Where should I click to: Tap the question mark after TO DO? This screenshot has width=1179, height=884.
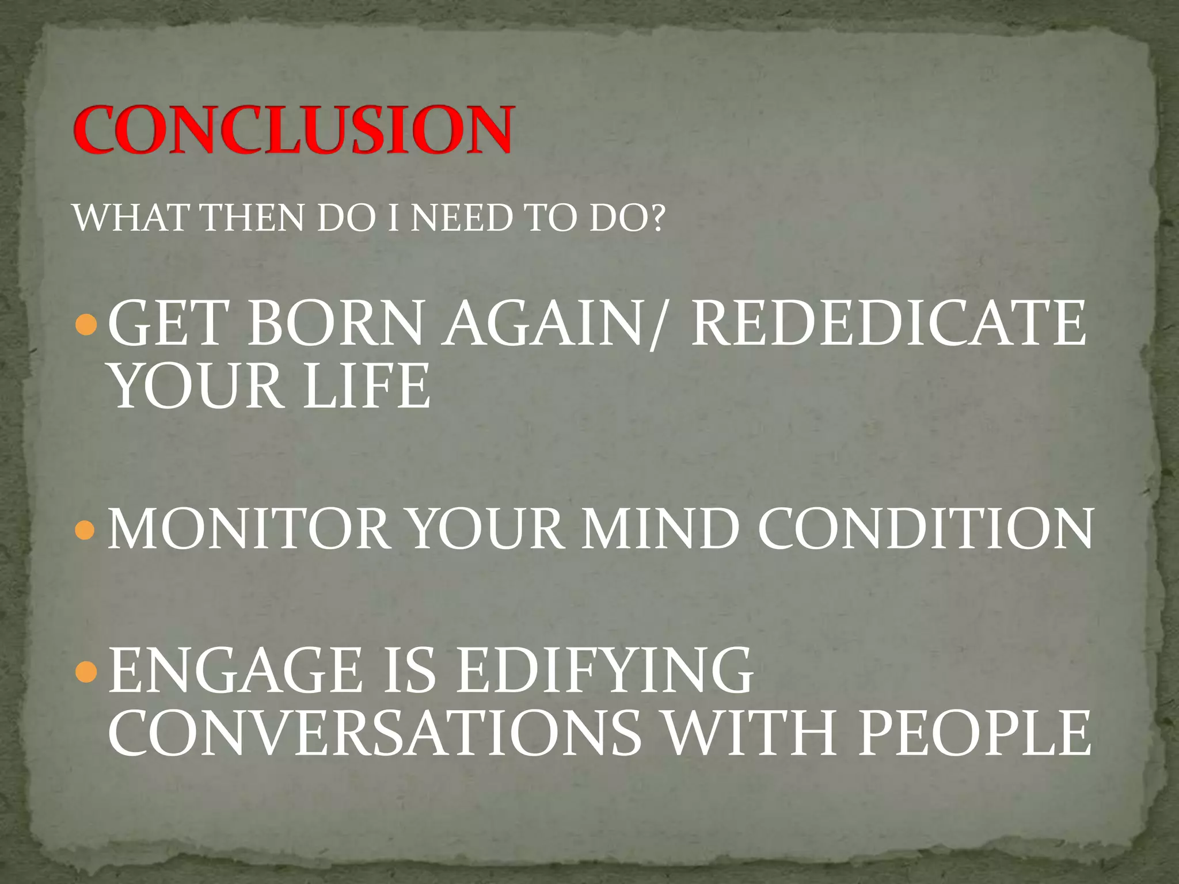(656, 219)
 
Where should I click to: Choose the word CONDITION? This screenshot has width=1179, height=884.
(925, 529)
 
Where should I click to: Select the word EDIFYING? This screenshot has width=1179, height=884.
(604, 670)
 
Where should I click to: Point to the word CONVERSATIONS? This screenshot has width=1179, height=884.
(375, 733)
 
